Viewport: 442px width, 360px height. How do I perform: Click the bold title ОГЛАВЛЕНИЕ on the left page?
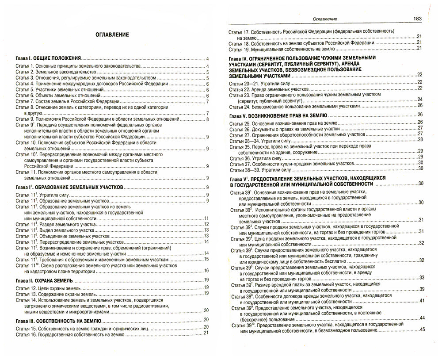tap(112, 35)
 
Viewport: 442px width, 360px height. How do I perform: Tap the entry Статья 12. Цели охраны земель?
tap(49, 287)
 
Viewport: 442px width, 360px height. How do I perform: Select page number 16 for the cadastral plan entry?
tap(206, 271)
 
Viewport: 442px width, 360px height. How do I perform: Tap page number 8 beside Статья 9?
tap(207, 119)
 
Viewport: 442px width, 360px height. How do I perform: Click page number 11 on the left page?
tap(206, 218)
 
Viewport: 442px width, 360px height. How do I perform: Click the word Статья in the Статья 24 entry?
tap(236, 107)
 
